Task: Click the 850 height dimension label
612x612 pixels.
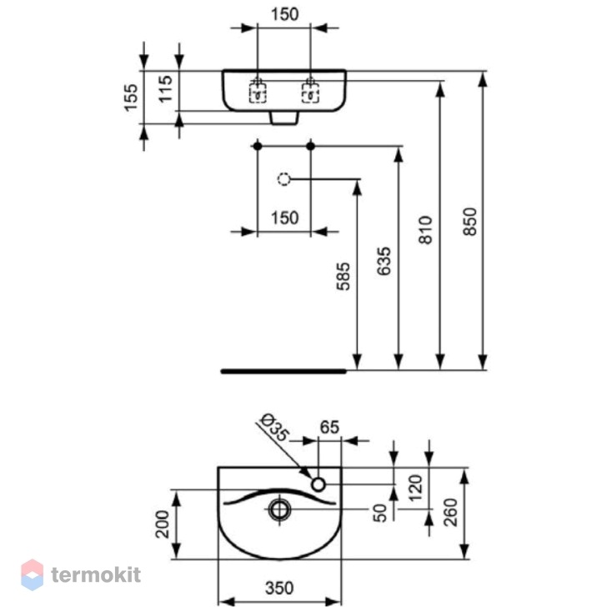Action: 470,222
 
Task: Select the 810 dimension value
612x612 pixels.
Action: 426,230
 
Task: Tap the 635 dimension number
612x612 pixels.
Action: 384,261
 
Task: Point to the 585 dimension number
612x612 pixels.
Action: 343,276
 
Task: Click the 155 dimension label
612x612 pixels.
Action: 131,98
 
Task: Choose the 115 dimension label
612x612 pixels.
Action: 165,89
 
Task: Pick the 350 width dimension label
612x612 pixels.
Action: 279,588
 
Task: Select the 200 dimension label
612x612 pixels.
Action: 163,524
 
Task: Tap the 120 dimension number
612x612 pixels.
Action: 416,489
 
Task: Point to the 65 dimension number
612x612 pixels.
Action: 329,428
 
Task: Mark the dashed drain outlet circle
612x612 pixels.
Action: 283,178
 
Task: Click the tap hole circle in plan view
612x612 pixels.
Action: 319,484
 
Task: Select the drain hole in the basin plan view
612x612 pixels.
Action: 280,509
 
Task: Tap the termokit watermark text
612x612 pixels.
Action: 96,574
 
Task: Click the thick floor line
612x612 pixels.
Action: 283,371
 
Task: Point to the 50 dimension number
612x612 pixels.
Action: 379,513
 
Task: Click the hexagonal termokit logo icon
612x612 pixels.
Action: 32,574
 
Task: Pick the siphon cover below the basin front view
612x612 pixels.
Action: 284,118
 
